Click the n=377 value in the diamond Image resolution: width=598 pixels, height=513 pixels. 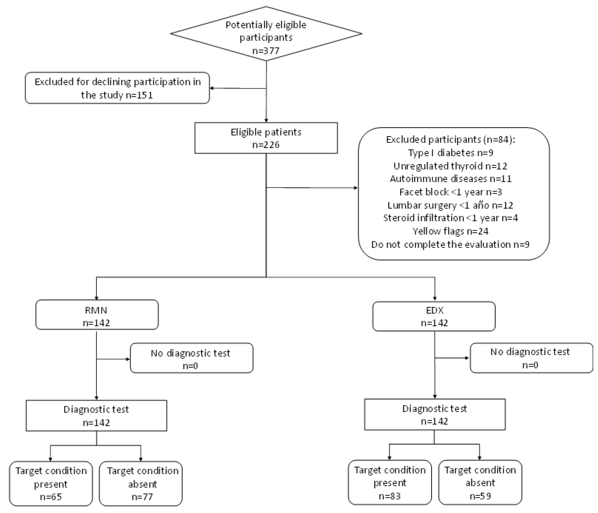(266, 51)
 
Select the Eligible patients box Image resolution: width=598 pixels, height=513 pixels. (266, 138)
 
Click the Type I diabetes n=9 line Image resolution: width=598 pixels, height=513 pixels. (450, 152)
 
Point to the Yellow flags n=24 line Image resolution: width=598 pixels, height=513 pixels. (450, 231)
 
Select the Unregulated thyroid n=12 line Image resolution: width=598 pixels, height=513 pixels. (450, 166)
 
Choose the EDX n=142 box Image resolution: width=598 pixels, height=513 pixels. (434, 316)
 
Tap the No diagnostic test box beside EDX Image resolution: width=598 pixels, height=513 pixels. (531, 358)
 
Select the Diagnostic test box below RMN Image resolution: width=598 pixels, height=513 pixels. (96, 416)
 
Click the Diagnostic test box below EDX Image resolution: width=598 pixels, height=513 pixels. (435, 414)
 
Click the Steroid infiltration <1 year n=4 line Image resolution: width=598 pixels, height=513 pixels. (450, 218)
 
